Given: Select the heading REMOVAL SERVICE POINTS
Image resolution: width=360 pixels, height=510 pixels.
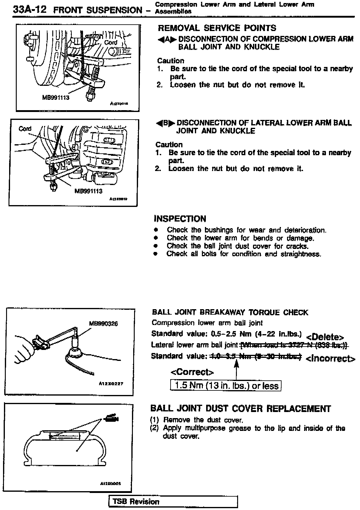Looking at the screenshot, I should pos(217,28).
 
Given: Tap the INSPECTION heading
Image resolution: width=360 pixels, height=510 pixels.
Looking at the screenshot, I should pos(180,219).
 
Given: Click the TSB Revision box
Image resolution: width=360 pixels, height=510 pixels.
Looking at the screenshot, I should pos(173,501).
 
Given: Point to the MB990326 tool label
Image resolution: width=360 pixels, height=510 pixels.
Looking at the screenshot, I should pos(103,324).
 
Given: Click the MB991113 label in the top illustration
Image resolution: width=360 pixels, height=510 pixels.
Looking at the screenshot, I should pos(56,98).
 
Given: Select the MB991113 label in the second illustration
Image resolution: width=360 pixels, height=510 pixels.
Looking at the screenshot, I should pos(88,191).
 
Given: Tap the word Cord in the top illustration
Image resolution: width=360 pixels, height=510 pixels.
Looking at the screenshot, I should pos(111,43).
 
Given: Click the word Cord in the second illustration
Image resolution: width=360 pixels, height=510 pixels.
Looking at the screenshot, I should pos(25,129).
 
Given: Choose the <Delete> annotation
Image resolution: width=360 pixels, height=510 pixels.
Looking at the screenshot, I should pos(325,337).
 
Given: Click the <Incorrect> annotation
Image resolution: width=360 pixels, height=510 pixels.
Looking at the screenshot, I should pos(330,359).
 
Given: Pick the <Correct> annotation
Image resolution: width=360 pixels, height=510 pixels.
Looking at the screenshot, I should pos(192,372).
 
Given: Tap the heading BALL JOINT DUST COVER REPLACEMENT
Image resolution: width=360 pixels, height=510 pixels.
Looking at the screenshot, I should pos(241,408).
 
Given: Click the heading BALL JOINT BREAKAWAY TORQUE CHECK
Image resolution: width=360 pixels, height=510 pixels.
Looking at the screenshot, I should pos(230,313).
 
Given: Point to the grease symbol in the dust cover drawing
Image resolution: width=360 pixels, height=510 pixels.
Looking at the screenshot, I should pos(112,418).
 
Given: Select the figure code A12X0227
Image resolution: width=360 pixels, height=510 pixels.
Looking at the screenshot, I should pos(111,384).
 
